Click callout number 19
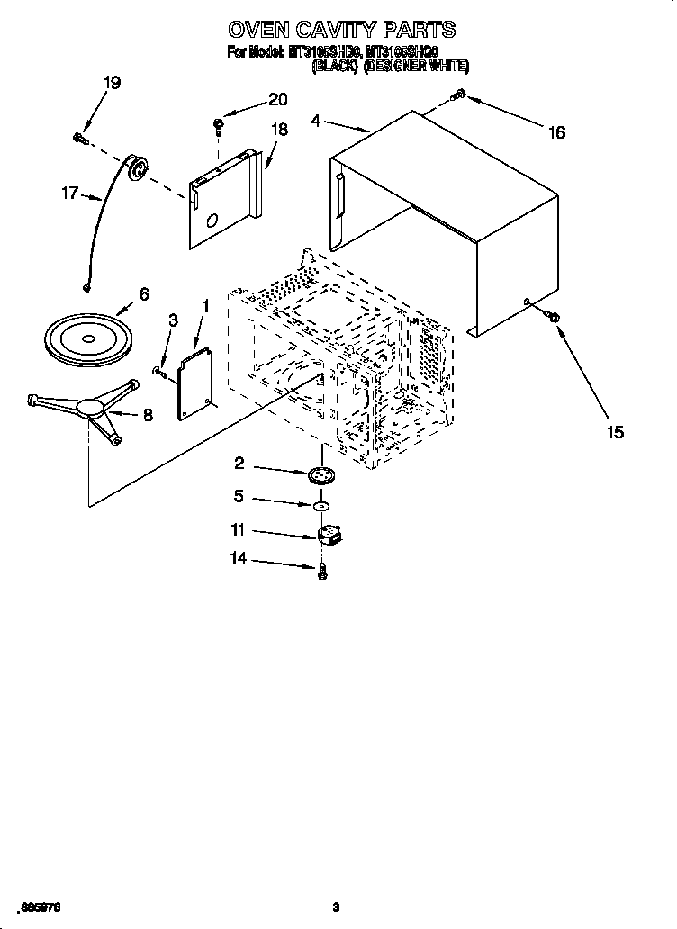pyautogui.click(x=111, y=83)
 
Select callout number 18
pyautogui.click(x=279, y=130)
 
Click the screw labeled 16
pyautogui.click(x=458, y=94)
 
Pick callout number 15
pyautogui.click(x=615, y=432)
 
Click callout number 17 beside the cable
pyautogui.click(x=69, y=192)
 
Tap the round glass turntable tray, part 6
pyautogui.click(x=87, y=338)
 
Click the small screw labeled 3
pyautogui.click(x=159, y=371)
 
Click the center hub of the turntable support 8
pyautogui.click(x=91, y=408)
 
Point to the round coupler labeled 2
pyautogui.click(x=320, y=475)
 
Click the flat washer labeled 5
pyautogui.click(x=320, y=507)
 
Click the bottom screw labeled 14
pyautogui.click(x=321, y=569)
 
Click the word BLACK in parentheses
pyautogui.click(x=336, y=66)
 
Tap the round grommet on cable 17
pyautogui.click(x=138, y=167)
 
